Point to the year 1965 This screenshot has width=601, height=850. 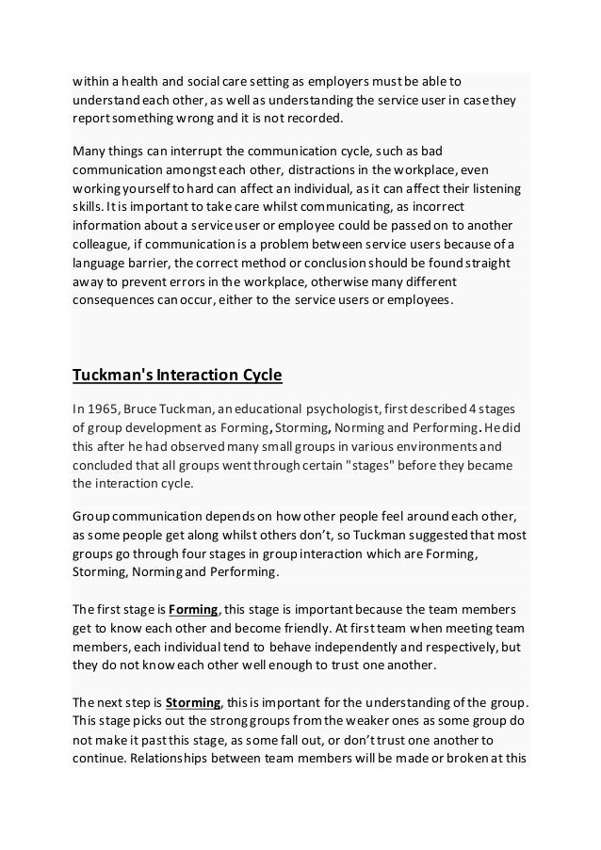(x=106, y=409)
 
